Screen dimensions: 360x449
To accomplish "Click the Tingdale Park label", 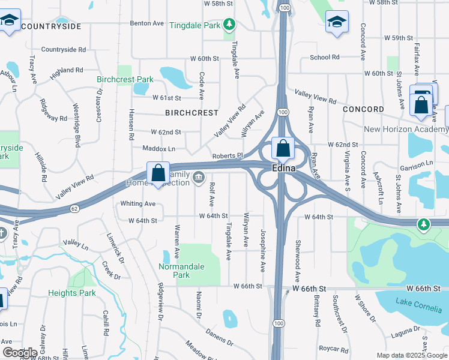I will [194, 25].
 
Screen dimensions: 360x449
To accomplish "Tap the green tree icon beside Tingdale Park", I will [229, 25].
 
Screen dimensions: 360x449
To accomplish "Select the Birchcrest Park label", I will [125, 79].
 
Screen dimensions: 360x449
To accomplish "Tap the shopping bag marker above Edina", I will [282, 148].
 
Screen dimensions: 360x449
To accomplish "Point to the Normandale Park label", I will [182, 271].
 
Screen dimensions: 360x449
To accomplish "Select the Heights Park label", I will [72, 293].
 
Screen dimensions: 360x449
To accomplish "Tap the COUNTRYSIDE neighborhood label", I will [50, 27].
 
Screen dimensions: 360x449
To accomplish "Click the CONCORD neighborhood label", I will [363, 109].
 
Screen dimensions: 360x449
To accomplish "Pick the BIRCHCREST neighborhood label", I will [191, 113].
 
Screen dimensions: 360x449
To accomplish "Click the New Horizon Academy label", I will [406, 130].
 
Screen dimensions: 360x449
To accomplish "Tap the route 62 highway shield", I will [74, 208].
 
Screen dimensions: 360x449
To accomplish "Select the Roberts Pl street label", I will [227, 156].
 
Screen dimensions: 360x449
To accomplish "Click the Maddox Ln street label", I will [158, 148].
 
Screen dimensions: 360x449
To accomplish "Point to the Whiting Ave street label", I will [137, 204].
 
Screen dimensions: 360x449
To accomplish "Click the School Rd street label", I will [324, 58].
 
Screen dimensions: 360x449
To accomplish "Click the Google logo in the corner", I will [20, 353].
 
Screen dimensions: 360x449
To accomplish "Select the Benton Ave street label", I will [146, 24].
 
